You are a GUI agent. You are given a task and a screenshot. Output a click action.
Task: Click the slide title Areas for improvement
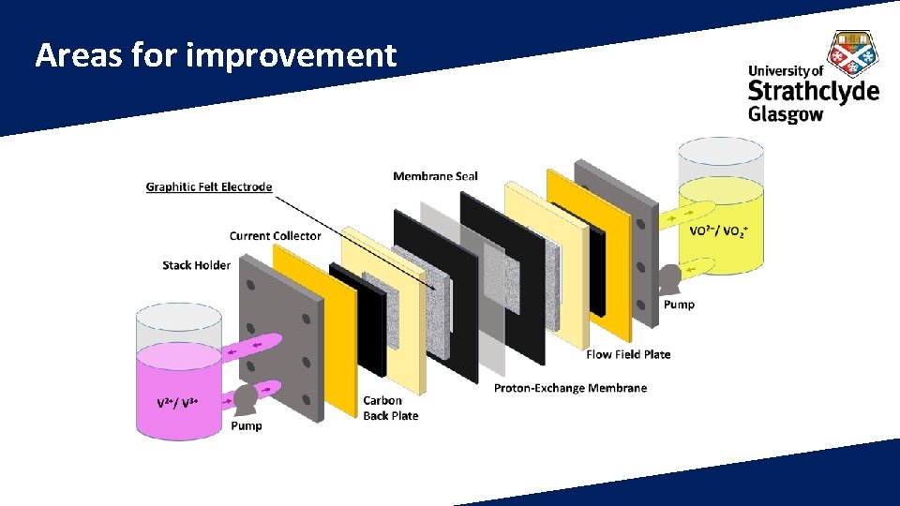coord(216,56)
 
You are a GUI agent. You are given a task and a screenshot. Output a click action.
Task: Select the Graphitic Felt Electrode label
coord(209,186)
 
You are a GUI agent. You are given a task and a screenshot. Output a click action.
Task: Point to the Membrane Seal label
coord(435,176)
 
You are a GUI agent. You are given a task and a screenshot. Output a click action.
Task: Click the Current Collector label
coord(275,236)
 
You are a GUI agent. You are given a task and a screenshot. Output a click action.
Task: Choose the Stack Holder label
coord(196,265)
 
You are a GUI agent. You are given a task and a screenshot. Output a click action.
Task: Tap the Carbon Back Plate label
coord(390,408)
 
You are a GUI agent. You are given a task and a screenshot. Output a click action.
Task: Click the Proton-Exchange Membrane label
coord(570,388)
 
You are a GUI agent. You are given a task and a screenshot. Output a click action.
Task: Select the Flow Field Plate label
coord(628,354)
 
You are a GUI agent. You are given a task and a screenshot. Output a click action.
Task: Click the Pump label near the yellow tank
coord(679,305)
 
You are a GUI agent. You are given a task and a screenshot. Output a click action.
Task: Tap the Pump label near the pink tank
coord(247,425)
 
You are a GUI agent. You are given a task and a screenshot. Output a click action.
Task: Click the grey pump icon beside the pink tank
coord(246,399)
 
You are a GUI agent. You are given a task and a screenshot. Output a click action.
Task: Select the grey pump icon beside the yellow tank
coord(670,277)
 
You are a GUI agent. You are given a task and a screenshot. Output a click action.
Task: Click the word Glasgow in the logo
coord(785,114)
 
